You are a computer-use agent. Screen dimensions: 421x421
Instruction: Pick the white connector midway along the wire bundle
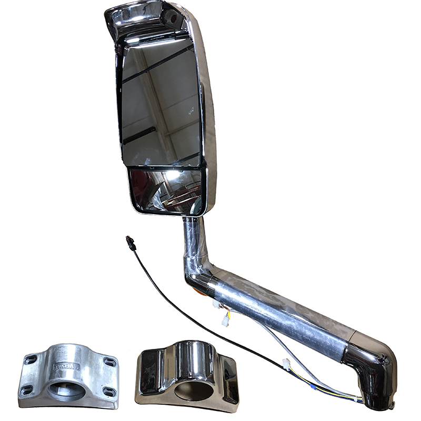[287, 363]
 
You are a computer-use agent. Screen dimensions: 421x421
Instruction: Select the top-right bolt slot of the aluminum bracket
[109, 361]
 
